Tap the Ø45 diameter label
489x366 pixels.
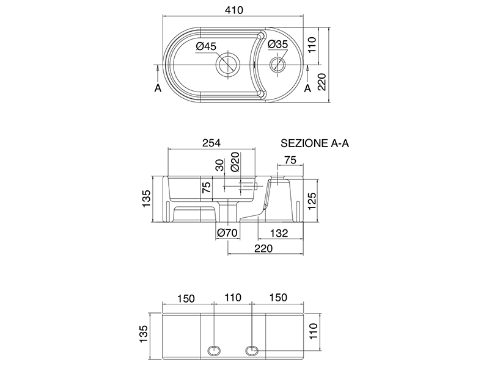coord(207,46)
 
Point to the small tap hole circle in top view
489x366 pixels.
coord(278,63)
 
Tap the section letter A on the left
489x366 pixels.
coord(158,88)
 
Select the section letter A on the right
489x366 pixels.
coord(307,88)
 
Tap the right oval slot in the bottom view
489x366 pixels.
coord(253,350)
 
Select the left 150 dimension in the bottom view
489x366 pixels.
coord(185,298)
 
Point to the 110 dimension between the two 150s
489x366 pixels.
coord(233,298)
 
